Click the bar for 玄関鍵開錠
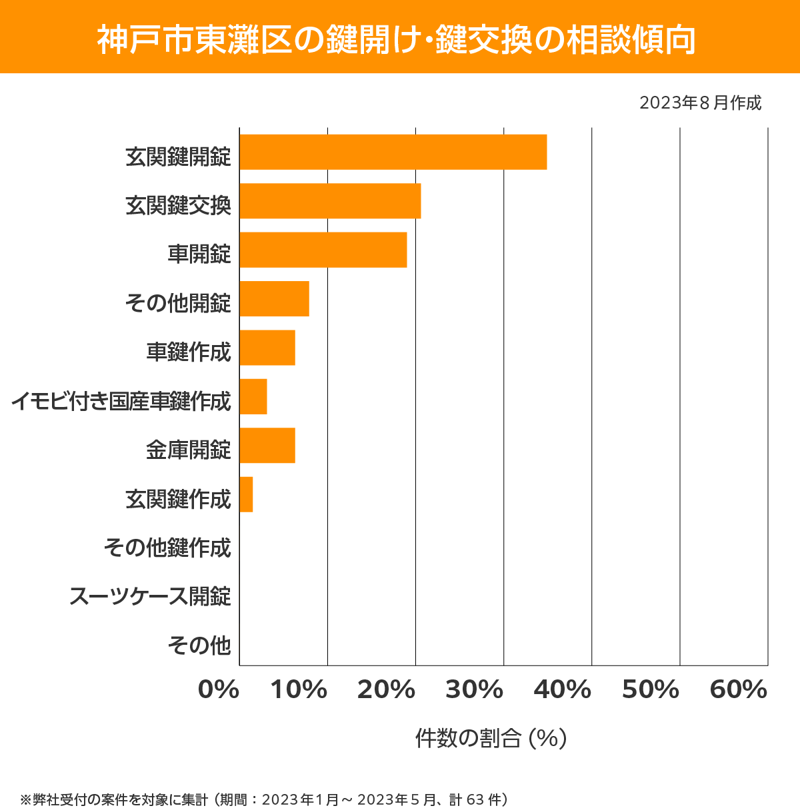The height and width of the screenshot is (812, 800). [x=393, y=152]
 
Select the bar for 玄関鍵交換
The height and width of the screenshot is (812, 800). [x=330, y=201]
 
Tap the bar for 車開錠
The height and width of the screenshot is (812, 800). [x=323, y=250]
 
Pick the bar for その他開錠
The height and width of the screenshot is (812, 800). [x=274, y=298]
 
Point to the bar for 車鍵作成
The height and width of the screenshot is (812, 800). [x=267, y=348]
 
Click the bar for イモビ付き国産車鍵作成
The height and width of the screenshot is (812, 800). [x=253, y=396]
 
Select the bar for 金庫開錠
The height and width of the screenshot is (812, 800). [x=267, y=445]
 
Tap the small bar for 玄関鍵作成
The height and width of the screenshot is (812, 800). [x=246, y=494]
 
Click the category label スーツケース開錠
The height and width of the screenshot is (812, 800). [x=150, y=596]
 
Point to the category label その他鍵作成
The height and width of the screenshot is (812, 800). [x=167, y=548]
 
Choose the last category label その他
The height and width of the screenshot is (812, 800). [x=199, y=645]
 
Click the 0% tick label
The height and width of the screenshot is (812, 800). [x=219, y=690]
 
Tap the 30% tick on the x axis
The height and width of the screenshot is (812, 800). [x=474, y=690]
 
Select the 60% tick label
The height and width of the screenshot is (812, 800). [x=739, y=690]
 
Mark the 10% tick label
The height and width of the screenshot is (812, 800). [x=298, y=690]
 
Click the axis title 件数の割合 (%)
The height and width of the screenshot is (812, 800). [x=491, y=738]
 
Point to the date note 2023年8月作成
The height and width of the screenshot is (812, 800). [x=700, y=103]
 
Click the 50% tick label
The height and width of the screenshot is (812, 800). [x=650, y=690]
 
